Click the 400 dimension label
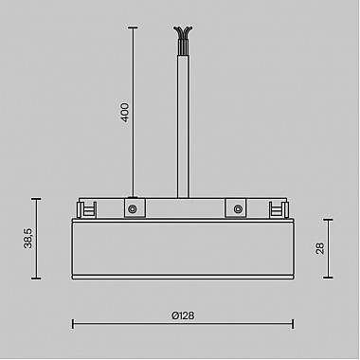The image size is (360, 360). (124, 112)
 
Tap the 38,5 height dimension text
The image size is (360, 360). (27, 238)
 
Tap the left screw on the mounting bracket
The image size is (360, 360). (134, 208)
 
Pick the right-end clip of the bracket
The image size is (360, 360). (279, 208)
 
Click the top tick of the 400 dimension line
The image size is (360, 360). (133, 27)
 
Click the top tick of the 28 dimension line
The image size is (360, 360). (329, 220)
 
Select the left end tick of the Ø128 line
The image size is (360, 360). (74, 324)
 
